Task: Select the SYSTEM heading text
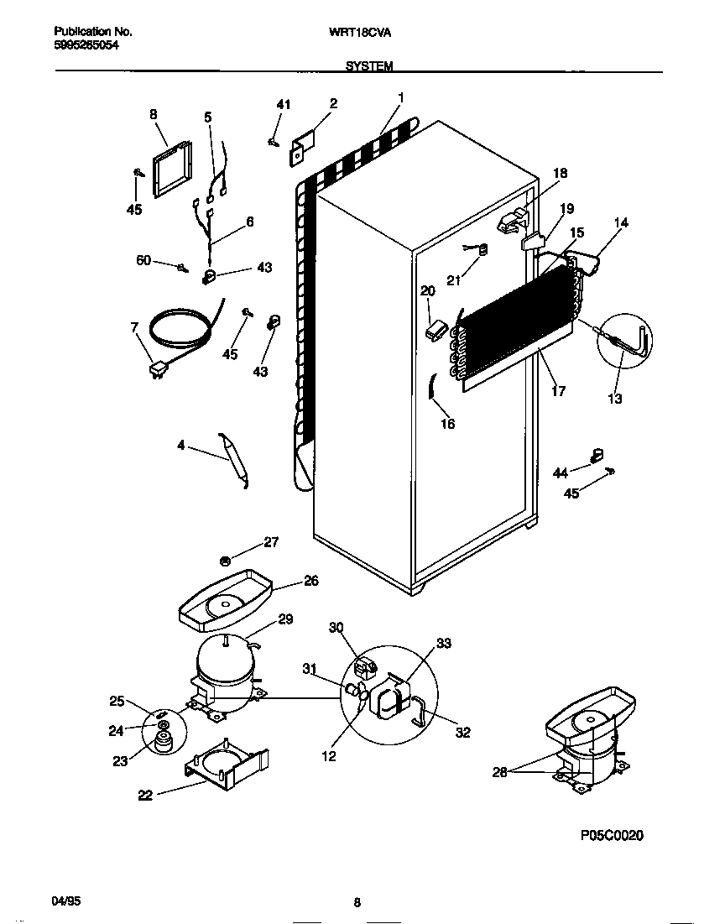[x=369, y=65]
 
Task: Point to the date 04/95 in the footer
[x=65, y=902]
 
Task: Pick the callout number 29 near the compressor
[x=285, y=619]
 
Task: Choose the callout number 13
[x=615, y=399]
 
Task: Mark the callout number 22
[x=144, y=796]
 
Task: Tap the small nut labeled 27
[x=225, y=561]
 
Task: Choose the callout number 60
[x=143, y=261]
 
